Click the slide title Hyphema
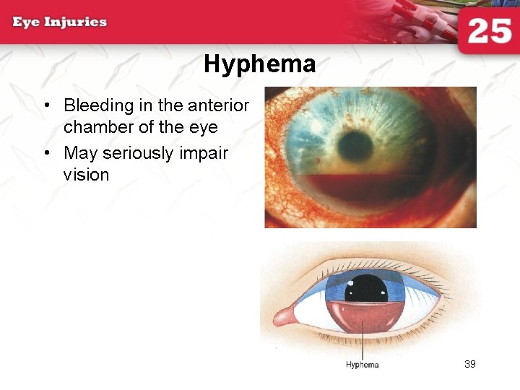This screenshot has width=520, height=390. click(259, 64)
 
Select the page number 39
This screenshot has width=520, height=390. click(470, 364)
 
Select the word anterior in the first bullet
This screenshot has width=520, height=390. click(219, 105)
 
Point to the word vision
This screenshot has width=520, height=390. click(86, 175)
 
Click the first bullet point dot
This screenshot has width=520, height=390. click(45, 106)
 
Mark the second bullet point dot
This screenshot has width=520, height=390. click(45, 153)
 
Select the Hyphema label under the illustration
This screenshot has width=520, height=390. click(362, 365)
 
